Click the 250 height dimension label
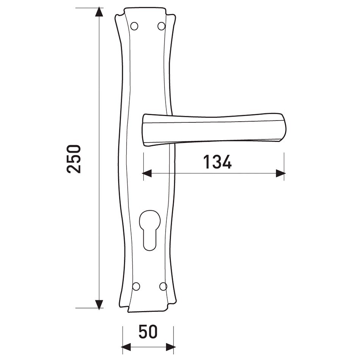(74, 159)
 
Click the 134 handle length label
(218, 162)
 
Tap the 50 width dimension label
(148, 332)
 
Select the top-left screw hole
(134, 26)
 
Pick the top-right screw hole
(161, 26)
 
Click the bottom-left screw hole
(136, 286)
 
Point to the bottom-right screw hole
(163, 286)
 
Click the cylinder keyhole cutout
(150, 230)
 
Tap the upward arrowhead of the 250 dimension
(99, 12)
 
